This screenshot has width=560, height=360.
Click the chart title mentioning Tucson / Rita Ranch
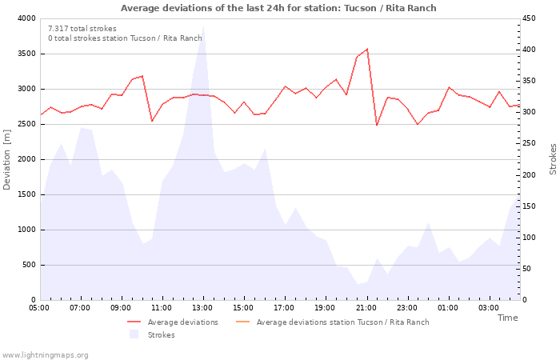pos(278,8)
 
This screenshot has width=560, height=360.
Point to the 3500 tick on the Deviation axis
pos(27,54)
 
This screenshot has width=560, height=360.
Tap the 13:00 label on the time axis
pos(202,308)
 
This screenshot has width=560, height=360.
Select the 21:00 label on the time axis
pos(366,308)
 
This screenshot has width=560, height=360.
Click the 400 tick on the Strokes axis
pos(529,50)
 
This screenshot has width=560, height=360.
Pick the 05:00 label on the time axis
pos(39,308)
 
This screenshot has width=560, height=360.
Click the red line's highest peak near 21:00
pos(367,50)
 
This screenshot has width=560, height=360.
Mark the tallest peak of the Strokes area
pos(203,26)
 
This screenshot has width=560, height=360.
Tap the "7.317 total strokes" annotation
pos(82,29)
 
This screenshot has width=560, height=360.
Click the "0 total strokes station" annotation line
pos(125,38)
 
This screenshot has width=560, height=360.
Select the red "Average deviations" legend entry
pos(173,322)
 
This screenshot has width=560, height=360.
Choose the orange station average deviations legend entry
pos(333,322)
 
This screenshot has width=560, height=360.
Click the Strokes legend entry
pos(153,334)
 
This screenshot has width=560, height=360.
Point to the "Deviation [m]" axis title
pos(6,160)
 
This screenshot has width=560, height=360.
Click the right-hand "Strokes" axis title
pos(553,159)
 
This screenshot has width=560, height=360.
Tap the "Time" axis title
pos(507,318)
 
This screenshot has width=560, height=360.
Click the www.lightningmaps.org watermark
pos(45,355)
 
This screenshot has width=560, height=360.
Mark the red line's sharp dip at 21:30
pos(377,125)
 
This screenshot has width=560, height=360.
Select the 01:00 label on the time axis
pos(448,308)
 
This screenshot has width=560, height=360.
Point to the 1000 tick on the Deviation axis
pos(27,230)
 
